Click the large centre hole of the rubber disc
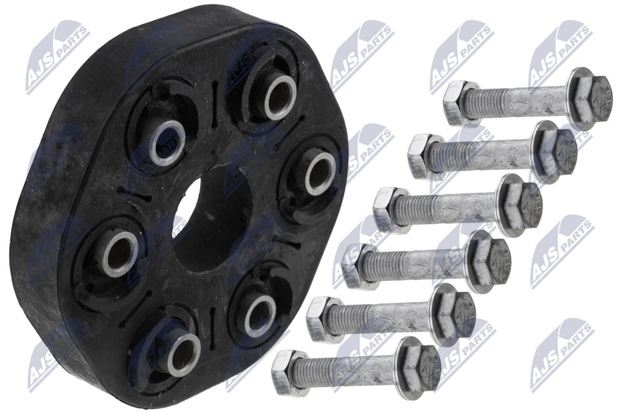click(214, 219)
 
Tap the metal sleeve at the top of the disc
click(280, 98)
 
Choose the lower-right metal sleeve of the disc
click(260, 316)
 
